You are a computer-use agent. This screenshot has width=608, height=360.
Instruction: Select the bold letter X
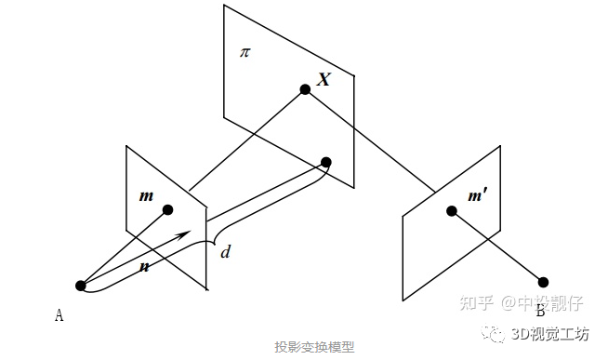point(324,80)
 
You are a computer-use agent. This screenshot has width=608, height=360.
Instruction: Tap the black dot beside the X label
point(304,89)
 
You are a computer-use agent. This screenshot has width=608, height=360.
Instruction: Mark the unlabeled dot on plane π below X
point(326,163)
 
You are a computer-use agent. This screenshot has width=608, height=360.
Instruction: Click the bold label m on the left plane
point(146,196)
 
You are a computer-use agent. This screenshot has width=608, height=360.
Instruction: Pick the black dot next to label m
point(168,209)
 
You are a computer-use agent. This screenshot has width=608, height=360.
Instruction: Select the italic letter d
point(224,252)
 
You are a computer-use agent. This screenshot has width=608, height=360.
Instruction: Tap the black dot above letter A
point(81,286)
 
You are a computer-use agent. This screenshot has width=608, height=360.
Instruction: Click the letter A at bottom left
point(59,315)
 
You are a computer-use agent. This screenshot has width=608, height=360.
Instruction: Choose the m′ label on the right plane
point(480,197)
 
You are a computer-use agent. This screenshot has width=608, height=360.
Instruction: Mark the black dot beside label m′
point(452,211)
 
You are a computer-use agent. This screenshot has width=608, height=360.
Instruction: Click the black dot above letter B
point(544,282)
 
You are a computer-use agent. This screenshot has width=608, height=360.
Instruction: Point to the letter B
point(539,310)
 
